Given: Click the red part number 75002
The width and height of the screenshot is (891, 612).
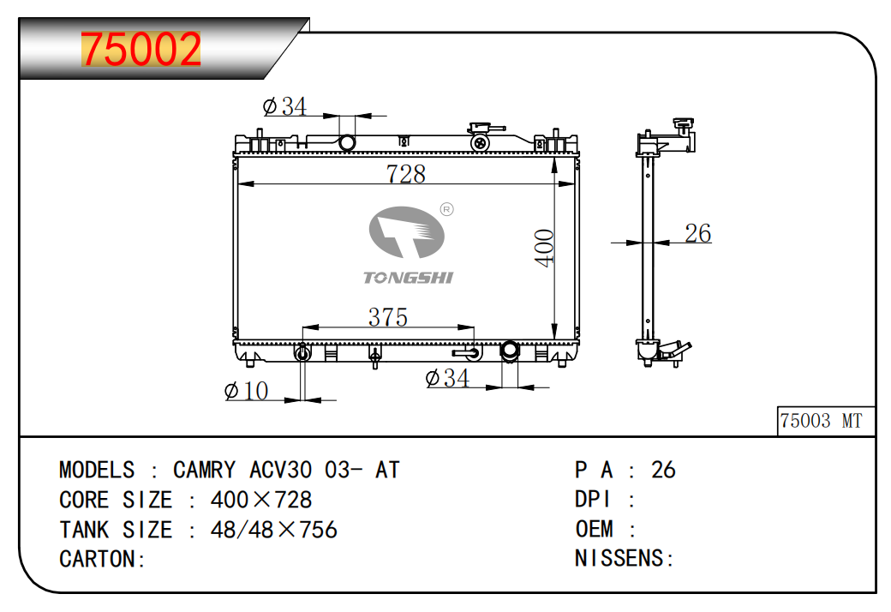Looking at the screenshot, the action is point(141,50).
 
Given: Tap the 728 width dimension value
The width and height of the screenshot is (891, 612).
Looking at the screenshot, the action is point(406,174).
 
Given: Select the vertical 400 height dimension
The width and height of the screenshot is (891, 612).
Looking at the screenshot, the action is point(544,248).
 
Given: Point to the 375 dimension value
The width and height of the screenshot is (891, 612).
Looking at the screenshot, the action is point(388,317).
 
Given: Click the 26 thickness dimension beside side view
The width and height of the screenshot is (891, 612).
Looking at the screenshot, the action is point(697,233).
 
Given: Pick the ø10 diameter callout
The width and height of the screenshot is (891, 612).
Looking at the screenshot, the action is point(246,391).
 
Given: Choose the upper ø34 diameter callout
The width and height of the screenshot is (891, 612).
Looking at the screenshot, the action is point(284,106).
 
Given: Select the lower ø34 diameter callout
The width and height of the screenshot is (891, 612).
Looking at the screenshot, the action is point(447,378).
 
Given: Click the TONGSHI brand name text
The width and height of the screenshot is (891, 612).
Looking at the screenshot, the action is point(408,278).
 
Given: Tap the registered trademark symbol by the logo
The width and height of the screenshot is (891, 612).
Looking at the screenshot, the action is point(447,210).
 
